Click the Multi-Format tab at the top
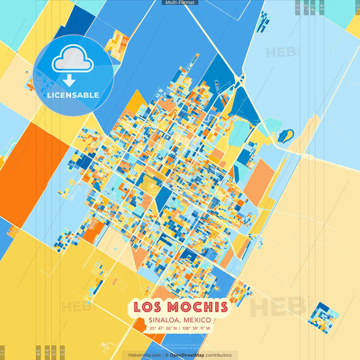tap(180, 3)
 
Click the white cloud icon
tap(72, 60)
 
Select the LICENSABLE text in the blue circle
tap(72, 95)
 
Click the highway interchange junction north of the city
tap(242, 80)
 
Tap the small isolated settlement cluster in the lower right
tap(323, 314)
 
